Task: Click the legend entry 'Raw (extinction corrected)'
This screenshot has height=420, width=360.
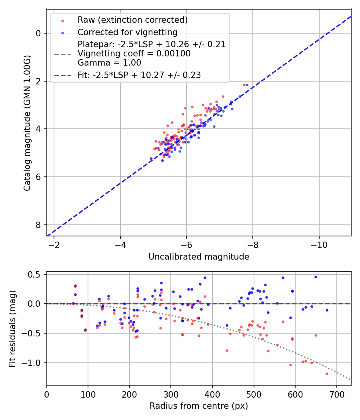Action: (132, 20)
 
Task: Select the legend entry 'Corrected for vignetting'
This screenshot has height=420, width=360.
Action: (127, 32)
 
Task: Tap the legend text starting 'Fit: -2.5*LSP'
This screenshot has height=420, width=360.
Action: (139, 75)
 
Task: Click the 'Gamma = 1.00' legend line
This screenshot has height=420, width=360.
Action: (109, 62)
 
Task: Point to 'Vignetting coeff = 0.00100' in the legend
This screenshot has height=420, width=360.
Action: (134, 54)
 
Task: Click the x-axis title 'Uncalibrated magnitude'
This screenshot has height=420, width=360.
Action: (199, 257)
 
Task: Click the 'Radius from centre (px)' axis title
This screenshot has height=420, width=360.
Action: (199, 406)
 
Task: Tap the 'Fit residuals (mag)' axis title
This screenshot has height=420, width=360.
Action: (12, 328)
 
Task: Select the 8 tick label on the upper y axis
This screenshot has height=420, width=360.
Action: (38, 225)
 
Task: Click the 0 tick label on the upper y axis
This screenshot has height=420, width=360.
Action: (38, 33)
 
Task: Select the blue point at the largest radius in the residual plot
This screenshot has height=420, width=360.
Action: (327, 310)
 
